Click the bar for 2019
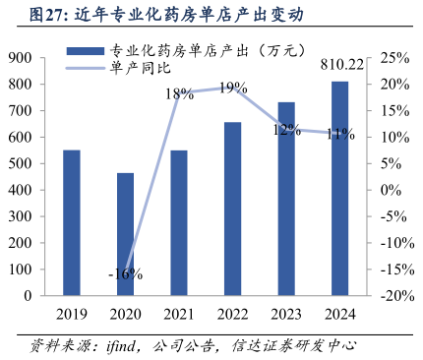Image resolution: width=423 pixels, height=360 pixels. point(71,222)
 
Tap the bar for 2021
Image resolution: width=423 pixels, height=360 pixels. point(179,222)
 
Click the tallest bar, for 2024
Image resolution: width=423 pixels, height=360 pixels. point(339,188)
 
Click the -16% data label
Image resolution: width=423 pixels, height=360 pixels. point(126,274)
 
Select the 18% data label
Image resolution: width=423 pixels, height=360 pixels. point(179,94)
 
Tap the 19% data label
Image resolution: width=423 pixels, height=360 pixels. point(232,89)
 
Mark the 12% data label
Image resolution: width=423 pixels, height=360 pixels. point(286,130)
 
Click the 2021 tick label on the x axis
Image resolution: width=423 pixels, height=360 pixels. point(179,314)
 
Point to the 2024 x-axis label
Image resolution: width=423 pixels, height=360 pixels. point(339,314)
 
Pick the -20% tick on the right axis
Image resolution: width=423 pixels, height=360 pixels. point(392,295)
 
